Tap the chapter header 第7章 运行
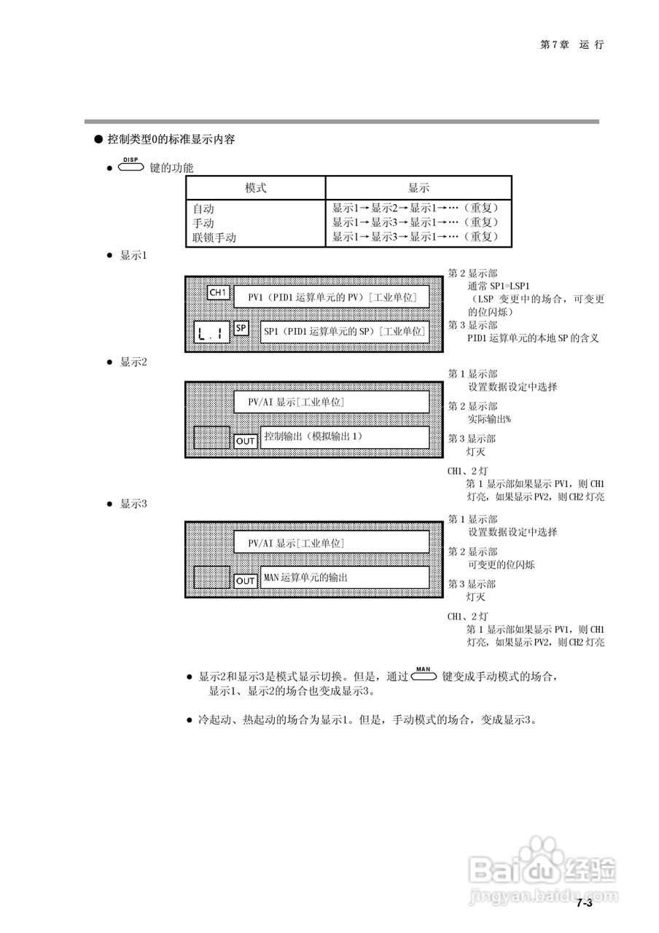572,44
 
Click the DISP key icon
130,166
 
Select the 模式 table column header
255,187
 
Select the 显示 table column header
418,187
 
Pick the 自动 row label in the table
203,208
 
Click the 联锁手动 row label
214,237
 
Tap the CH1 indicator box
219,292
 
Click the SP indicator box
241,328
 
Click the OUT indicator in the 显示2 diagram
246,441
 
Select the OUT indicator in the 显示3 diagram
246,581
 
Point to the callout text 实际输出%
489,419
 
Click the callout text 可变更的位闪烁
501,565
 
